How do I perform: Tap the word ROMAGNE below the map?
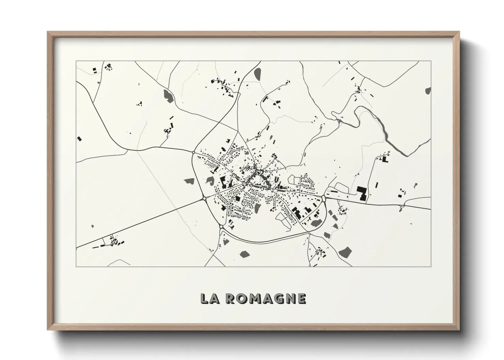266,298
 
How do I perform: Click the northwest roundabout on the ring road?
193,152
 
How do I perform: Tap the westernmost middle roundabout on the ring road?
204,198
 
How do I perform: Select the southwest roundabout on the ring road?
221,226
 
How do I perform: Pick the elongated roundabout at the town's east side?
323,198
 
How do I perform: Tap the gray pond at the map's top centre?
258,73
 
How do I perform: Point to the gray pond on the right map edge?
428,91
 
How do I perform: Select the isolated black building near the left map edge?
80,138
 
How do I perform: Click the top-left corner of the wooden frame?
48,32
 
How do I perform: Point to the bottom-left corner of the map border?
76,267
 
